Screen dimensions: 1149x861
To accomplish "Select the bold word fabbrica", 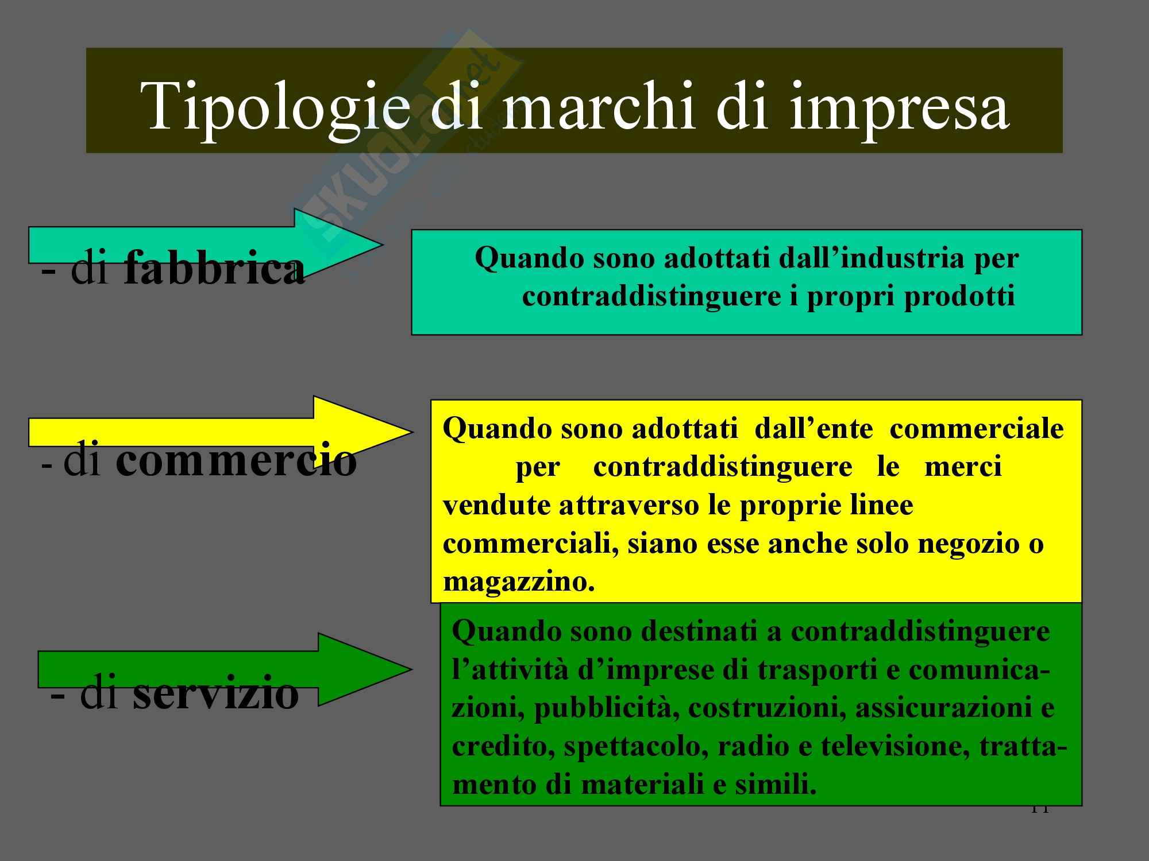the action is pyautogui.click(x=214, y=269).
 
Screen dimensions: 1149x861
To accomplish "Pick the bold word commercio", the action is pyautogui.click(x=236, y=461).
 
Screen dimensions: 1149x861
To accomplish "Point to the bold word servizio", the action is pyautogui.click(x=216, y=693).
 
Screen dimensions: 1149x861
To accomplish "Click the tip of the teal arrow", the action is pyautogui.click(x=382, y=245).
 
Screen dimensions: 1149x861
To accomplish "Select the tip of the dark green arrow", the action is pyautogui.click(x=411, y=669).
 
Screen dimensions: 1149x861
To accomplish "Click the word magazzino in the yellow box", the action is pyautogui.click(x=519, y=582).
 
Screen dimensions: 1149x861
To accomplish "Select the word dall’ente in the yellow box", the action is pyautogui.click(x=813, y=428).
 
